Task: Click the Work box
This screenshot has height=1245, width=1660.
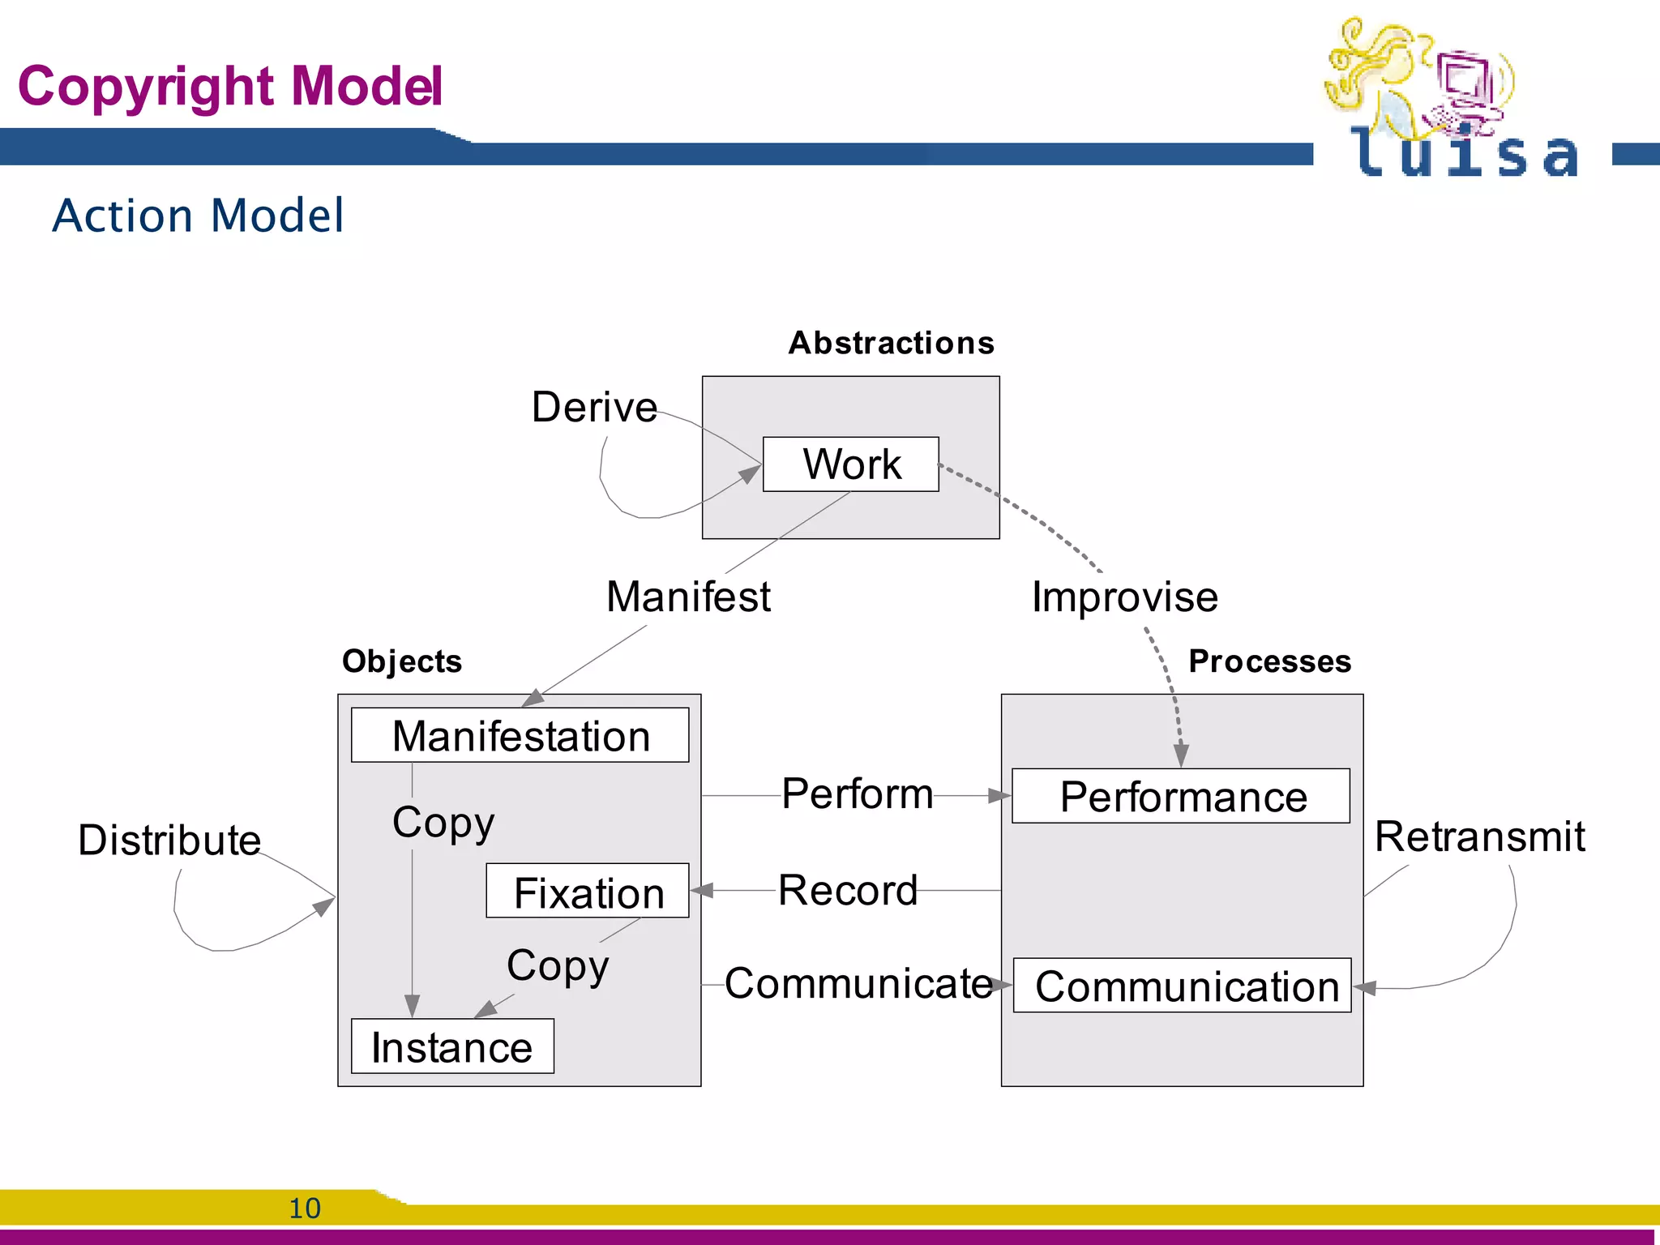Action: tap(850, 464)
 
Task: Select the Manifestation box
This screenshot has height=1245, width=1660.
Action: tap(520, 735)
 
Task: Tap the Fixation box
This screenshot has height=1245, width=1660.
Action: tap(588, 891)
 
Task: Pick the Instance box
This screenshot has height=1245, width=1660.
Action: tap(452, 1046)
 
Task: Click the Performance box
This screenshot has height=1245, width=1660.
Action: tap(1181, 796)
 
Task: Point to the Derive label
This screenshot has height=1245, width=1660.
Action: tap(594, 407)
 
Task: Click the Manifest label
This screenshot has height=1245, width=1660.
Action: tap(688, 597)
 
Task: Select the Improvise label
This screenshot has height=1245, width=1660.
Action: tap(1124, 597)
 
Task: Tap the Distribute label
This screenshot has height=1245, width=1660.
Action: tap(169, 840)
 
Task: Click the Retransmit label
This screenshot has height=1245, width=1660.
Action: tap(1479, 836)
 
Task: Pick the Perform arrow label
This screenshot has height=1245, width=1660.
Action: tap(857, 794)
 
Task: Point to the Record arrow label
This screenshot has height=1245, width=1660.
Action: tap(848, 890)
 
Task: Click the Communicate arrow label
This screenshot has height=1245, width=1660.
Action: tap(858, 983)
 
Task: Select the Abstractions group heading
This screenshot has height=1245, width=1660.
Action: tap(891, 343)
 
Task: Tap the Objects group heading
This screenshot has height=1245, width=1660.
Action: tap(402, 661)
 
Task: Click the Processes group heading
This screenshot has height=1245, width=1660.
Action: tap(1269, 661)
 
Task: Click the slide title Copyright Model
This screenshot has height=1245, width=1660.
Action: tap(230, 86)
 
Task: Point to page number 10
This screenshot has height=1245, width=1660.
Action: tap(305, 1208)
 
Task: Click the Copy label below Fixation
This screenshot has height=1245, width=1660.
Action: tap(558, 965)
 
